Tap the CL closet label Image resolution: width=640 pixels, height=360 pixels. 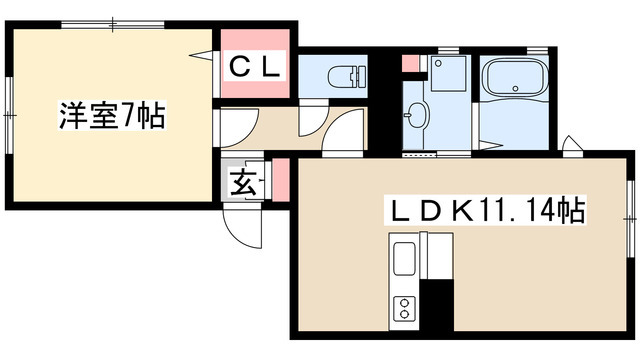(x=255, y=67)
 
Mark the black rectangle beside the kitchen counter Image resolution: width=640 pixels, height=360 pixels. (x=437, y=304)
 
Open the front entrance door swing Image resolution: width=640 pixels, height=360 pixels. (x=241, y=224)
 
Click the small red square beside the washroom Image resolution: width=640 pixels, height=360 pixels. (x=408, y=64)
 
